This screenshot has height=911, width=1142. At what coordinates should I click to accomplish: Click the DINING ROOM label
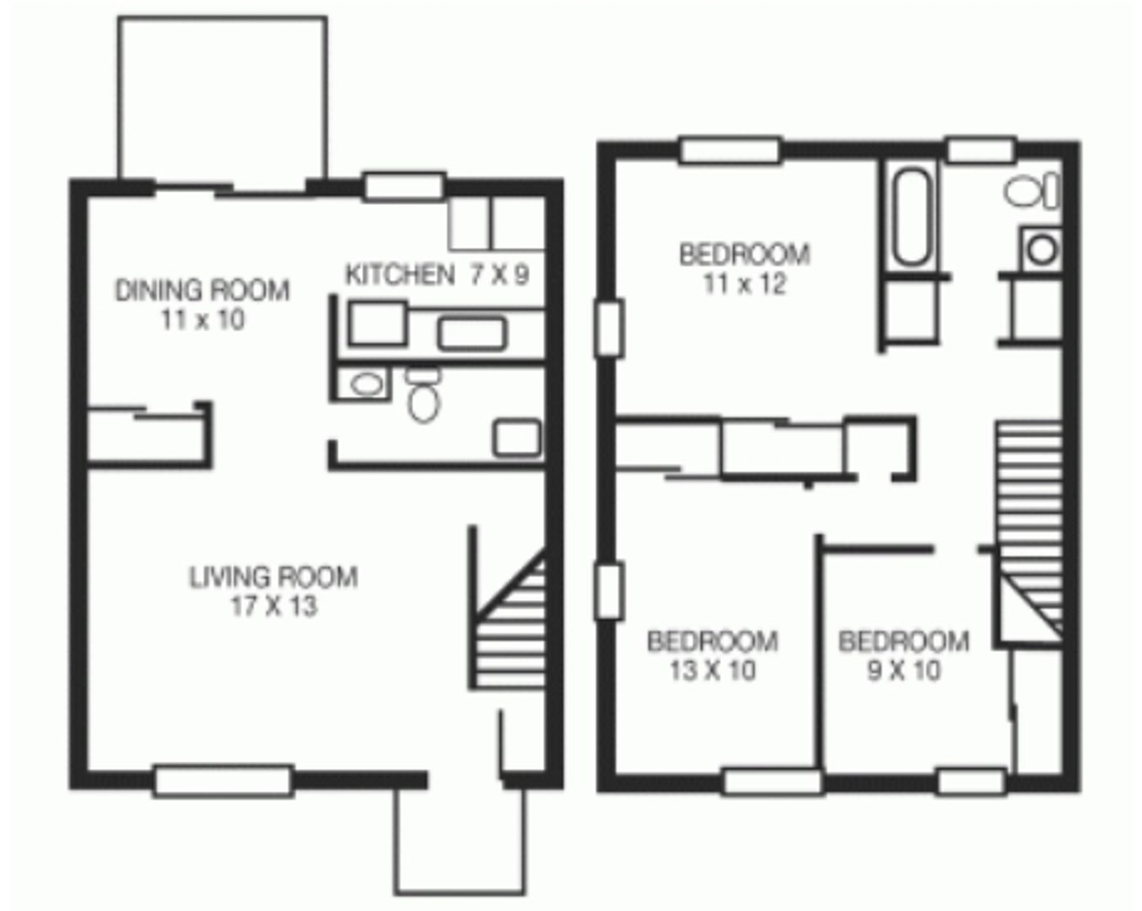(x=202, y=290)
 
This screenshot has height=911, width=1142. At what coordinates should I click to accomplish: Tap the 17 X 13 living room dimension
(x=273, y=606)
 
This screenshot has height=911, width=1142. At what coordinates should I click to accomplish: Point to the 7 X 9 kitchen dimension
(x=499, y=274)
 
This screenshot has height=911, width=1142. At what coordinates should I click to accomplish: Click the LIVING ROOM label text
(x=273, y=577)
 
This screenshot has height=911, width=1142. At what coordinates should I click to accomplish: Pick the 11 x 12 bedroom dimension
(x=744, y=284)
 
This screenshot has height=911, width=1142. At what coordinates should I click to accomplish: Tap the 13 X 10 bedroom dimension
(x=713, y=671)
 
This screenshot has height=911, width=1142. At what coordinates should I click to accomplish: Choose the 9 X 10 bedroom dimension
(x=903, y=671)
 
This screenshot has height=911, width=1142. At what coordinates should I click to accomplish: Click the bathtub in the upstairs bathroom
(x=912, y=218)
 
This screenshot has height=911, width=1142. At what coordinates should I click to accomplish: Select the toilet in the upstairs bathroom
(x=1031, y=191)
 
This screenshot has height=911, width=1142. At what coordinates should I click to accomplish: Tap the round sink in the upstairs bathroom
(x=1042, y=249)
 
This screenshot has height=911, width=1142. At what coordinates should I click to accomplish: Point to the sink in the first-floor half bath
(x=366, y=385)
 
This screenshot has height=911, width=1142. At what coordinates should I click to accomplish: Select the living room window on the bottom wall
(x=223, y=780)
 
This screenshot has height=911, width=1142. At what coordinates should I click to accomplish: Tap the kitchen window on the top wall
(x=404, y=186)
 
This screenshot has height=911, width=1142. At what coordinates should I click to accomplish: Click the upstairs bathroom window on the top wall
(x=980, y=150)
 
